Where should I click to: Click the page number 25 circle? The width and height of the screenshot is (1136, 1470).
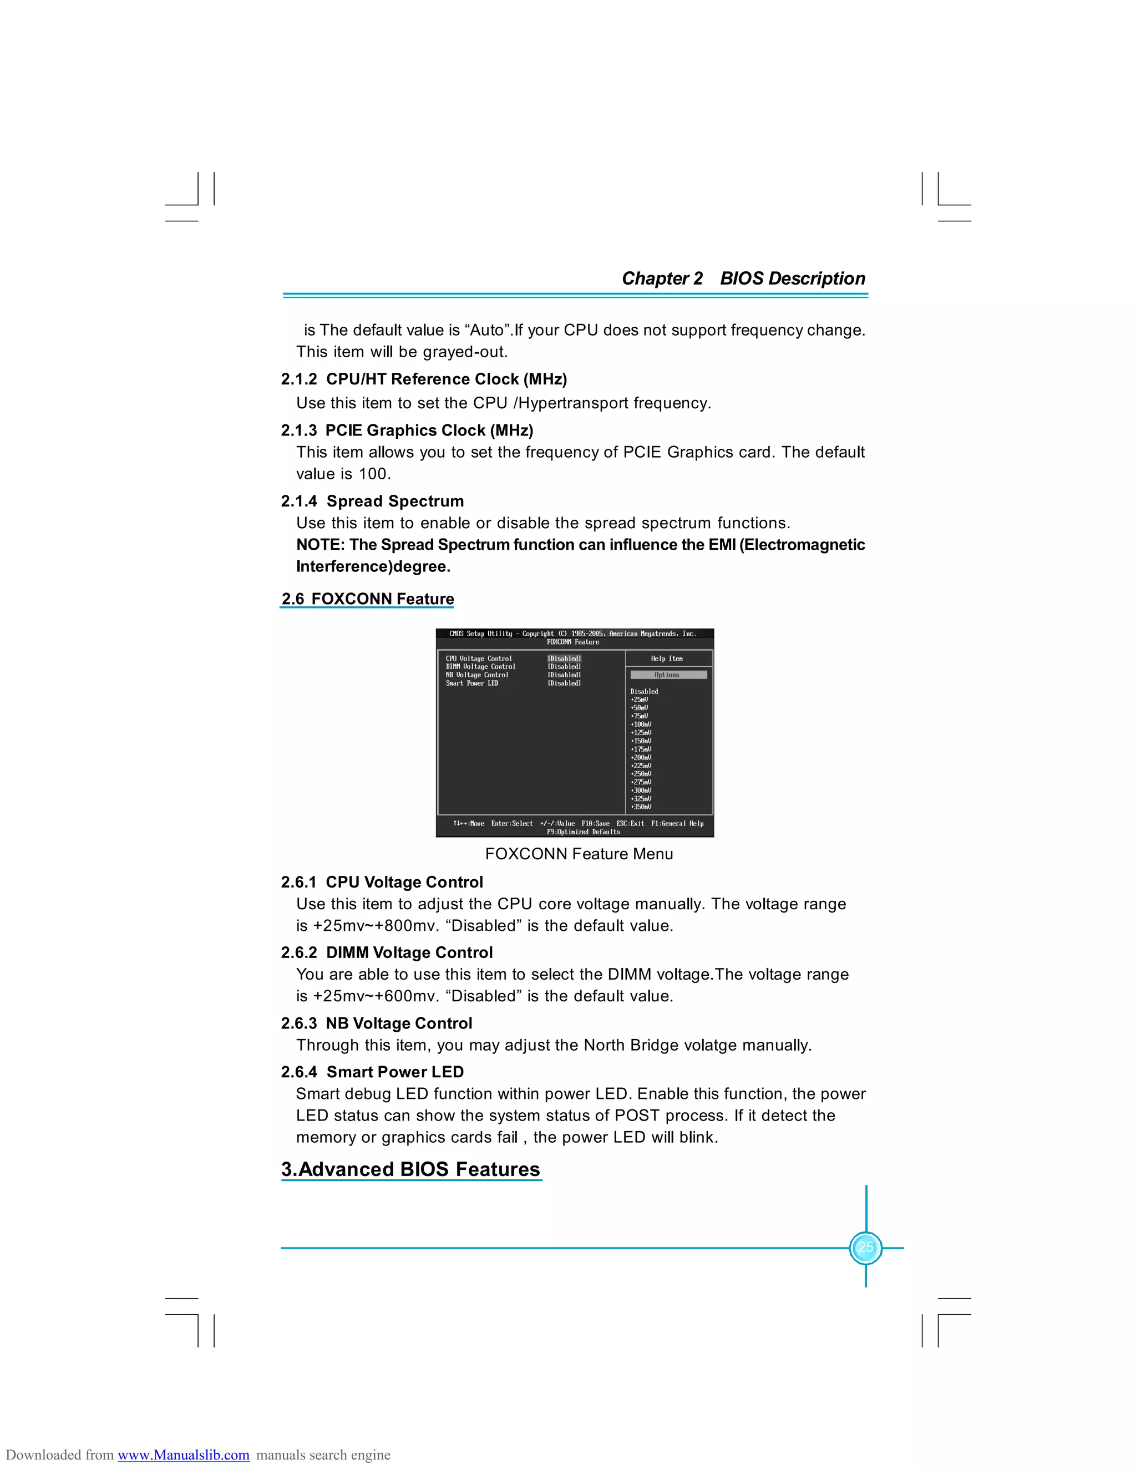click(865, 1247)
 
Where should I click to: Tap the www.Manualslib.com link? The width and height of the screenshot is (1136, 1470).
click(183, 1454)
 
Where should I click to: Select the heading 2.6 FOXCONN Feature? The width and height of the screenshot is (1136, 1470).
click(367, 599)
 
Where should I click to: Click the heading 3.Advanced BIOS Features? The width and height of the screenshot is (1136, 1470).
click(410, 1169)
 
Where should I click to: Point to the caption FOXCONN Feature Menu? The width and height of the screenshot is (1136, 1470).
click(579, 854)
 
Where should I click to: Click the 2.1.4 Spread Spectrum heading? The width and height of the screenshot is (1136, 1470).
click(372, 501)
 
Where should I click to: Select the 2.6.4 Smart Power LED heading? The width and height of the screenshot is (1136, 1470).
click(372, 1072)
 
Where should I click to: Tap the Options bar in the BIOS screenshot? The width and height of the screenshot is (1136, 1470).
click(668, 675)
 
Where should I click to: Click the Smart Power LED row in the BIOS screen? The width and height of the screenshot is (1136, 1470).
click(472, 683)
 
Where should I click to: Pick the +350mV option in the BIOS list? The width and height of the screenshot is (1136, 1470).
click(641, 807)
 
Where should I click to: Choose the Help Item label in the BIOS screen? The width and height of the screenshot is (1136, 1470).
click(666, 658)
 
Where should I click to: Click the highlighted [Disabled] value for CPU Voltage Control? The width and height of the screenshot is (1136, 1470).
click(564, 658)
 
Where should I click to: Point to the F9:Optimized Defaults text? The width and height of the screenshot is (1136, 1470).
click(583, 832)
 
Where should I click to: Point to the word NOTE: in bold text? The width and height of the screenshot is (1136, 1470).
click(321, 545)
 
